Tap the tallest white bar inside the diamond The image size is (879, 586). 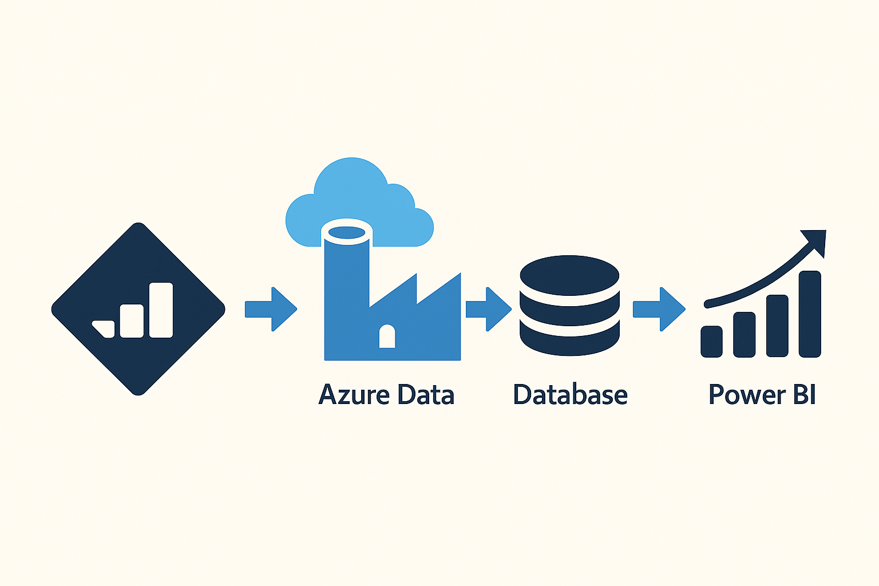pyautogui.click(x=161, y=310)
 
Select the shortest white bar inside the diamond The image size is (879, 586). pyautogui.click(x=104, y=328)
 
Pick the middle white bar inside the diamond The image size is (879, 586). pyautogui.click(x=132, y=320)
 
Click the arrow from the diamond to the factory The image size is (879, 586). pyautogui.click(x=271, y=309)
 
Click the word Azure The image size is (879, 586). pyautogui.click(x=354, y=395)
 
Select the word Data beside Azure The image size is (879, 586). pyautogui.click(x=426, y=395)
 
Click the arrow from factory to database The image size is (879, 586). pyautogui.click(x=488, y=309)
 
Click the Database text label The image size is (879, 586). pyautogui.click(x=570, y=395)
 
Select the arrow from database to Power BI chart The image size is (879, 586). pyautogui.click(x=659, y=309)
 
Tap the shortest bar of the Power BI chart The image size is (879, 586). pyautogui.click(x=711, y=342)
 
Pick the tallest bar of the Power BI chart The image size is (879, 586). pyautogui.click(x=810, y=314)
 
